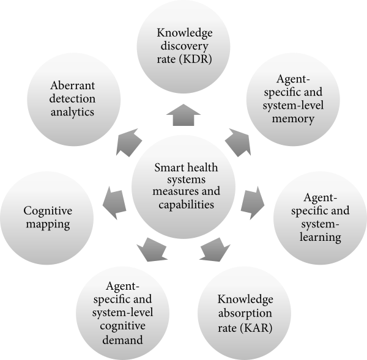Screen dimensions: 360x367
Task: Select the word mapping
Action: click(x=47, y=224)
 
